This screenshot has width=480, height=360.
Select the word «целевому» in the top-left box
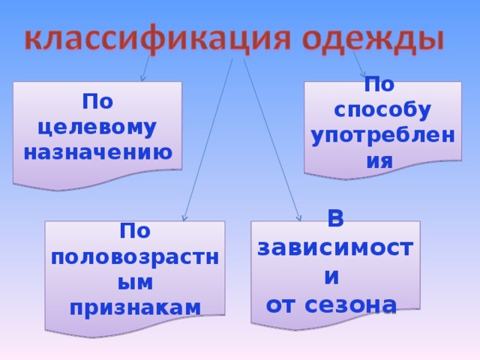point(97,127)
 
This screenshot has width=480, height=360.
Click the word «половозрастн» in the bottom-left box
point(135,256)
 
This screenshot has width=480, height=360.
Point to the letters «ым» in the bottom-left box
point(135,281)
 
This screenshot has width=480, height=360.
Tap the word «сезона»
point(353,304)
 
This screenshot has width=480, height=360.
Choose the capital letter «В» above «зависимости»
point(337,220)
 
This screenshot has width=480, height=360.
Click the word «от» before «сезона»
point(282,304)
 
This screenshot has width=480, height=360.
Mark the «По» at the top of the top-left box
point(97,101)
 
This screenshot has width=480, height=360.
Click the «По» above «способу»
point(382,84)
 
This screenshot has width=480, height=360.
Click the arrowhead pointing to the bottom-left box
point(184,219)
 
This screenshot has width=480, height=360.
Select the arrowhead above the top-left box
point(142,77)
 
